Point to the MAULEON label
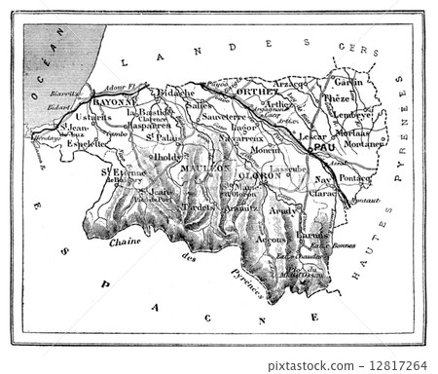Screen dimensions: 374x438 tap(204, 168)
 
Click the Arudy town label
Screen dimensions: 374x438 tap(286, 209)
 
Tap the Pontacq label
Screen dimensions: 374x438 tap(354, 179)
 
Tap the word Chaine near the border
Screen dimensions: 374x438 tap(126, 242)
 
